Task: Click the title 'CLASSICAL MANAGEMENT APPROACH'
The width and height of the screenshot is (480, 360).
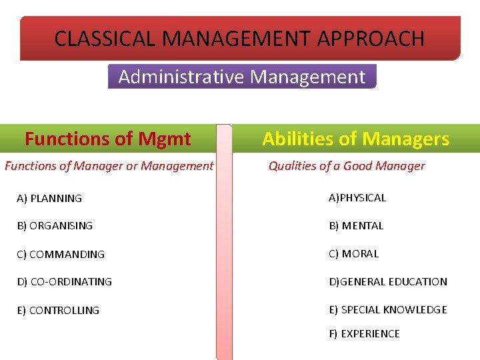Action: [239, 39]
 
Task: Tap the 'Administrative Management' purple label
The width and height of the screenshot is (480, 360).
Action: [242, 77]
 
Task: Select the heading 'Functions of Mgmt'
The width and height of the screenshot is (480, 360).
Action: [108, 139]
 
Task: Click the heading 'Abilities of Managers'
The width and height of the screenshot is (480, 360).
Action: [355, 139]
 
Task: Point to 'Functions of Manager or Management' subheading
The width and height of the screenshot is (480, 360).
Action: [109, 166]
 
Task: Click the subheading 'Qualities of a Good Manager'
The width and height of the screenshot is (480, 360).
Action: [346, 166]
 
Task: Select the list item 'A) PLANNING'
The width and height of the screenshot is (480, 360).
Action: [49, 198]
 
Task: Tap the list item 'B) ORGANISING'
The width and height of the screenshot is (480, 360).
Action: [55, 226]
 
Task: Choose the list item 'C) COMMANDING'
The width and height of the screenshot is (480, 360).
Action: [61, 254]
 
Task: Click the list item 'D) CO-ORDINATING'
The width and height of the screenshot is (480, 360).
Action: [65, 282]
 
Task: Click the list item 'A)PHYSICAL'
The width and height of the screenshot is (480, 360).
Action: [357, 197]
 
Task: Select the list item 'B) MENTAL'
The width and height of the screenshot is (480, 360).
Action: [356, 225]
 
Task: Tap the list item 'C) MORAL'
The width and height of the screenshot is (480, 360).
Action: [353, 253]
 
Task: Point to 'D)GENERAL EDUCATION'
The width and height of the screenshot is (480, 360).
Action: [388, 281]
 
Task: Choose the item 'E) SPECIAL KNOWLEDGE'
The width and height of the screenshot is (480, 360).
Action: [388, 309]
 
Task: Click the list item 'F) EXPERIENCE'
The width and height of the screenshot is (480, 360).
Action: [364, 333]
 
